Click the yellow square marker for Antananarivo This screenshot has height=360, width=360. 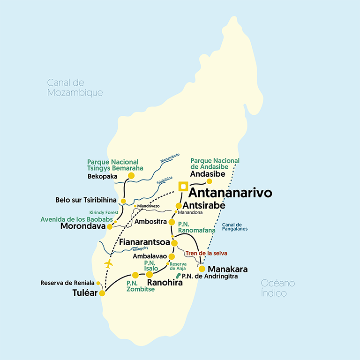[183, 187]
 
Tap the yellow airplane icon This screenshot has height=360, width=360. [109, 263]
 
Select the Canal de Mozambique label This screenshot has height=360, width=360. [75, 88]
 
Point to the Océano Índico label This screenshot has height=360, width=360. [278, 288]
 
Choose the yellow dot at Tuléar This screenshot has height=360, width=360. [102, 293]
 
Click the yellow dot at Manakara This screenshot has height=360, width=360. [202, 269]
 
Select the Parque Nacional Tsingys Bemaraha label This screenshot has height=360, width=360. [115, 165]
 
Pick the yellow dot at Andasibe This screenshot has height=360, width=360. [210, 181]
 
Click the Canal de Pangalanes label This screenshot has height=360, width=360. [235, 226]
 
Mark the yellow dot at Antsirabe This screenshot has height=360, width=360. [179, 206]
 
